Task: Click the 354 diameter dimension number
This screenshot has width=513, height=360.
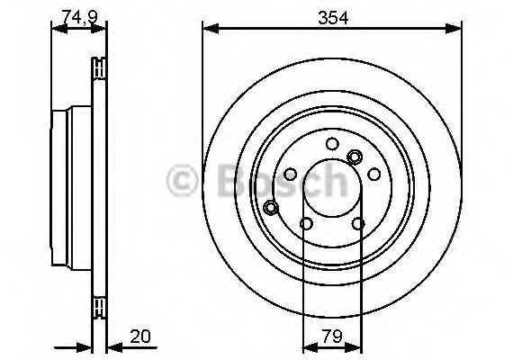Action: [x=333, y=18]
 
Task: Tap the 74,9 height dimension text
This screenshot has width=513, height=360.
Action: [x=80, y=17]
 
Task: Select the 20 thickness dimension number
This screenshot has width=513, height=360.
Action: [x=140, y=336]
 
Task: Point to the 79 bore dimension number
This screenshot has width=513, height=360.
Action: [x=332, y=336]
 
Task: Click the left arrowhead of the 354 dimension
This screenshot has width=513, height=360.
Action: [x=211, y=29]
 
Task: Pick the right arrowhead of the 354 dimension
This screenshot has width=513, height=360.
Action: [x=454, y=29]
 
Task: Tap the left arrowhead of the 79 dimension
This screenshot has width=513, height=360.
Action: [x=310, y=347]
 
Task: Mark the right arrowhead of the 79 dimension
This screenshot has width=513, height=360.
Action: [x=354, y=347]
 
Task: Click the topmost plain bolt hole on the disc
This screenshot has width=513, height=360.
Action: [x=332, y=144]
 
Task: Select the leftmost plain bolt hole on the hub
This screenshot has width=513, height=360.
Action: [x=290, y=174]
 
